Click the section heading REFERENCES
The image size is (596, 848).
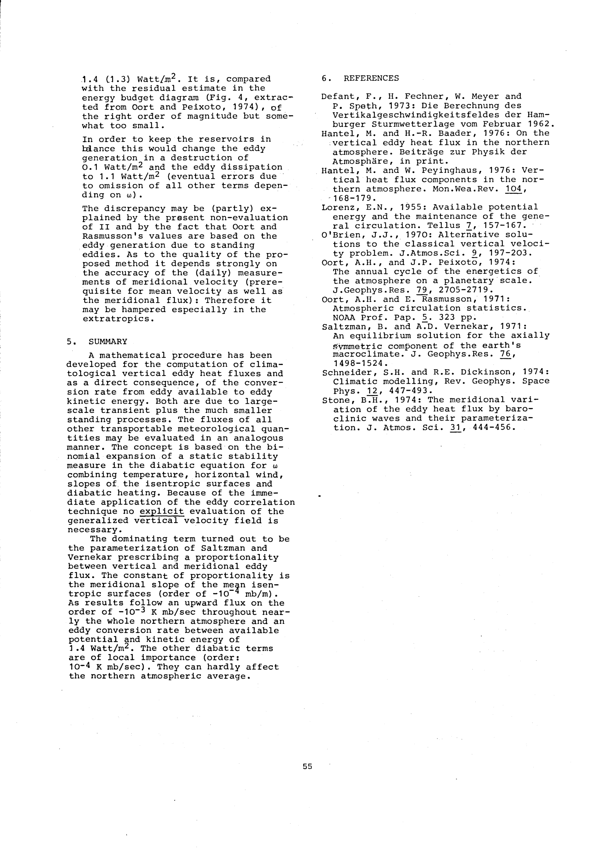(371, 78)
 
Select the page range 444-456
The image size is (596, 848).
(489, 428)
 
